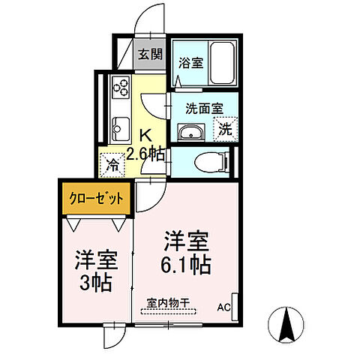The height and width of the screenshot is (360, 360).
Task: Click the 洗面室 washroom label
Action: tap(203, 108)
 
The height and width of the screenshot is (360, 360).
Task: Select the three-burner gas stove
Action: tap(121, 88)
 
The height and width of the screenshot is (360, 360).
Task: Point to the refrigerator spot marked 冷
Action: tap(112, 162)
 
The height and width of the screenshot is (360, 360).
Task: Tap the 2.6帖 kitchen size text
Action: tap(145, 154)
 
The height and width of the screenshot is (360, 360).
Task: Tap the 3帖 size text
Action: tap(95, 283)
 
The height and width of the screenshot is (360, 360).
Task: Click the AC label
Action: tap(224, 307)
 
